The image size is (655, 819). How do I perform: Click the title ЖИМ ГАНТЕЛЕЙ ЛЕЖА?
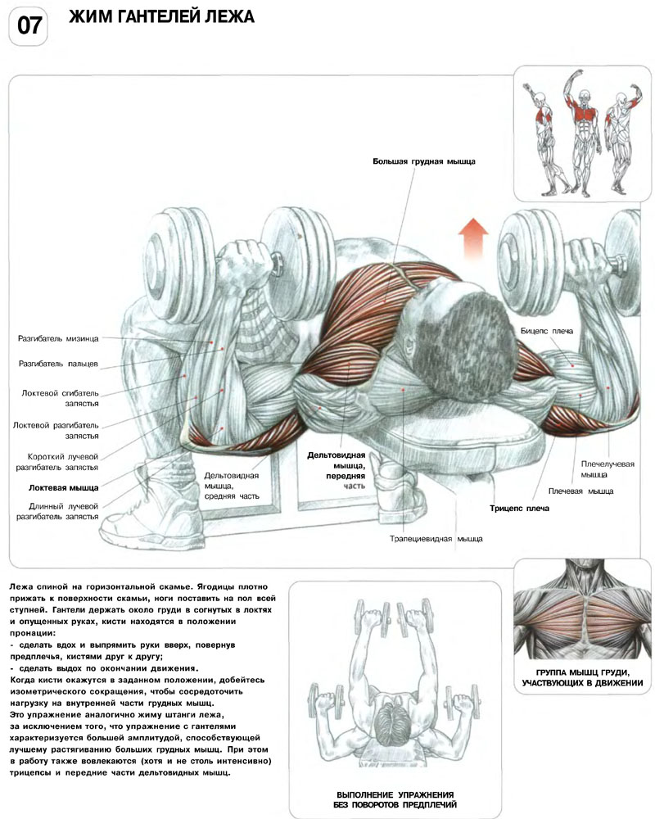(161, 17)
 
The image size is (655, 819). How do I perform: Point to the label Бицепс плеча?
(546, 330)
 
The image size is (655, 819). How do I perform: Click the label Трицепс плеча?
(519, 509)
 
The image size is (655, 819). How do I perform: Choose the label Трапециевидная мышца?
(436, 539)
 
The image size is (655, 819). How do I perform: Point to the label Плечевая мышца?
(585, 491)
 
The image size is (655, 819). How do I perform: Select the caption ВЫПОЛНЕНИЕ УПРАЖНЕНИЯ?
(395, 795)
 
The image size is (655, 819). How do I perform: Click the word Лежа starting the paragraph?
(21, 588)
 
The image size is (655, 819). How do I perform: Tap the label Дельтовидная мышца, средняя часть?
(232, 486)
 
